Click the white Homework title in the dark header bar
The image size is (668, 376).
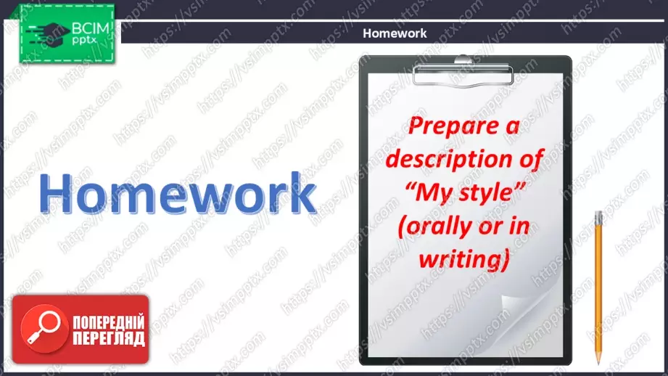[395, 33]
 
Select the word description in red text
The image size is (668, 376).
[449, 159]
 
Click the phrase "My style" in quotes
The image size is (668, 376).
[465, 192]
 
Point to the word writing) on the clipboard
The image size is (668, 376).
[464, 259]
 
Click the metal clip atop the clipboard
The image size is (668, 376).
[463, 70]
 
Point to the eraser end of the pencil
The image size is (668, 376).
[598, 214]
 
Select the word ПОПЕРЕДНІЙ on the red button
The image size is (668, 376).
[109, 322]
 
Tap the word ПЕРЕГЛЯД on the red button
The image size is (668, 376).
[109, 339]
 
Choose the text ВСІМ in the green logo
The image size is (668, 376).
[91, 28]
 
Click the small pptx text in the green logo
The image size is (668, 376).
[84, 41]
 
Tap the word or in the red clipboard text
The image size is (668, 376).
[490, 226]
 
